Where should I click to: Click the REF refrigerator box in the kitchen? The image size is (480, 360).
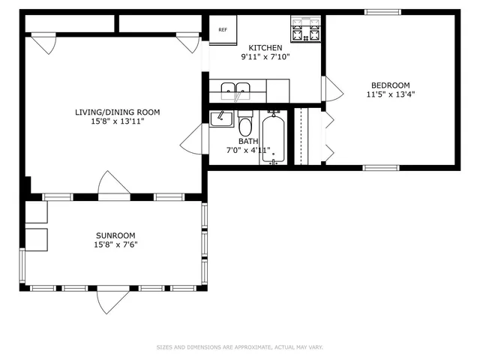(x=223, y=30)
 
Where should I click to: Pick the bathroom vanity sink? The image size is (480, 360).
(x=220, y=119)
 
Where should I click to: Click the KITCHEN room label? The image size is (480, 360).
(x=265, y=48)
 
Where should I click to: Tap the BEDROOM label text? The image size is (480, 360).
(x=390, y=85)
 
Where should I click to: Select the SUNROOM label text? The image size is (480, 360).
(x=115, y=235)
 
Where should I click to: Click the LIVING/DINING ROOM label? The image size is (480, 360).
(x=117, y=112)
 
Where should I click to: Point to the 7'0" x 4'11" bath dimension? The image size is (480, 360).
(x=248, y=150)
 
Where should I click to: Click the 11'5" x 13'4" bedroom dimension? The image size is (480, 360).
(x=390, y=94)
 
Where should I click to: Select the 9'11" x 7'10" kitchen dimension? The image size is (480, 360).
(x=265, y=57)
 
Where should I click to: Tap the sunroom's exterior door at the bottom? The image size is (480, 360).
(x=113, y=301)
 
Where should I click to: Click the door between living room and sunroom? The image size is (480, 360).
(x=114, y=185)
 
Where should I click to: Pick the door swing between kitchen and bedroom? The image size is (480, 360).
(x=331, y=88)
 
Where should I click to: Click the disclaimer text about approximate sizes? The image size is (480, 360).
(x=239, y=347)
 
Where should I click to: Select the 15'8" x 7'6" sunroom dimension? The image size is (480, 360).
(x=115, y=244)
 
